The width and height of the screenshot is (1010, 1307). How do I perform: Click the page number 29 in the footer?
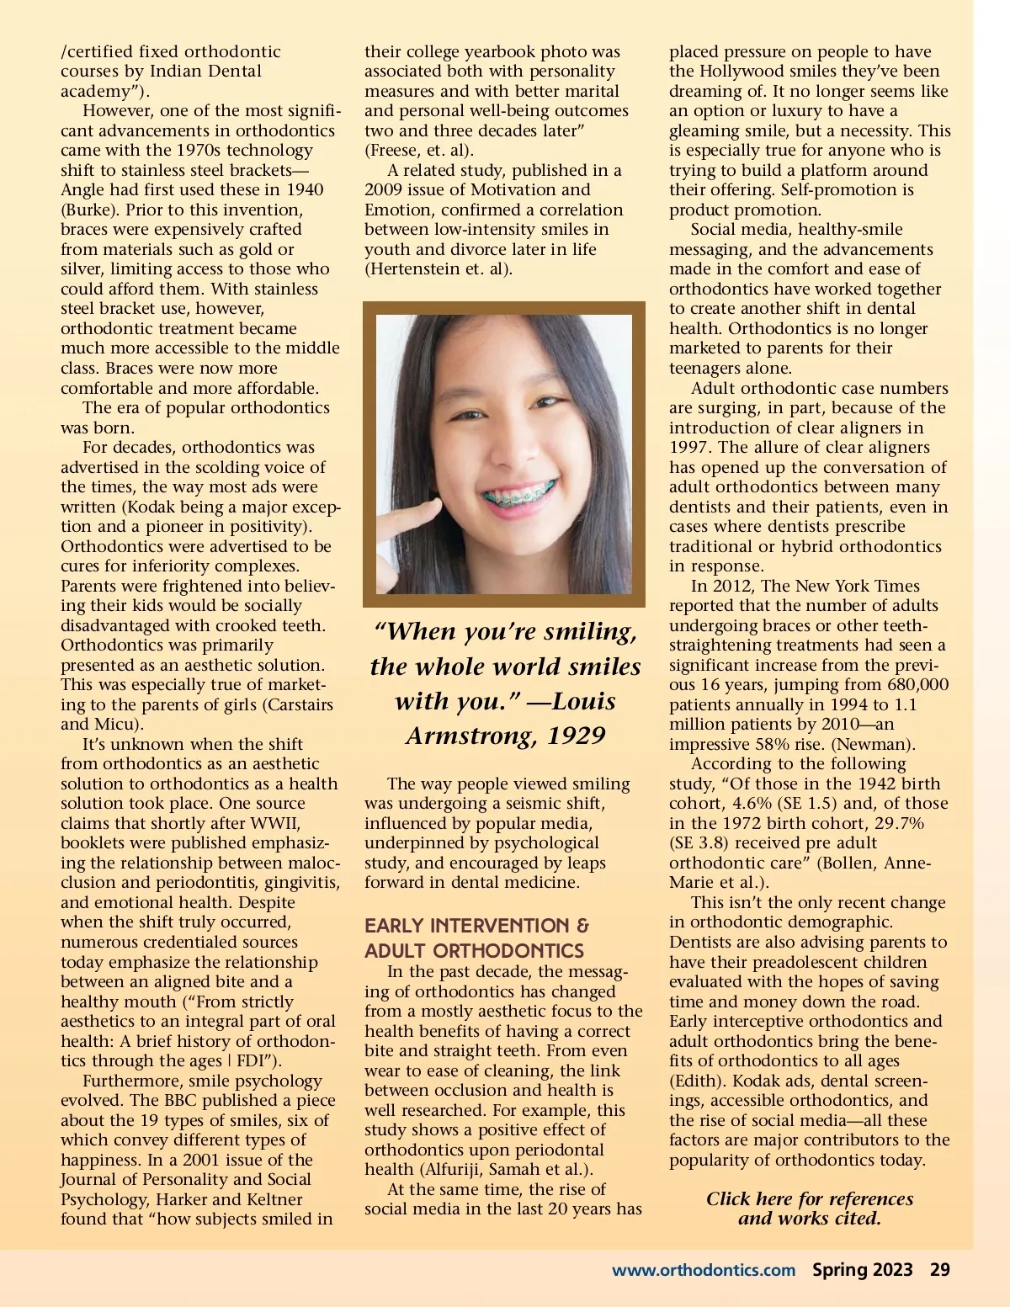pos(939,1270)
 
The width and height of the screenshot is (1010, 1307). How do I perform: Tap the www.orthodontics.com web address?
pos(703,1270)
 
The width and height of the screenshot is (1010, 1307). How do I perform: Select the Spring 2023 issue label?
pos(862,1270)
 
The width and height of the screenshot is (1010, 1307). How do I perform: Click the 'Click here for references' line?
pos(809,1199)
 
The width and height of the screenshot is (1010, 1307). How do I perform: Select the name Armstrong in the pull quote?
pos(470,736)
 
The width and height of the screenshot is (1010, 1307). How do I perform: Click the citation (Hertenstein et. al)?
pos(438,269)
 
